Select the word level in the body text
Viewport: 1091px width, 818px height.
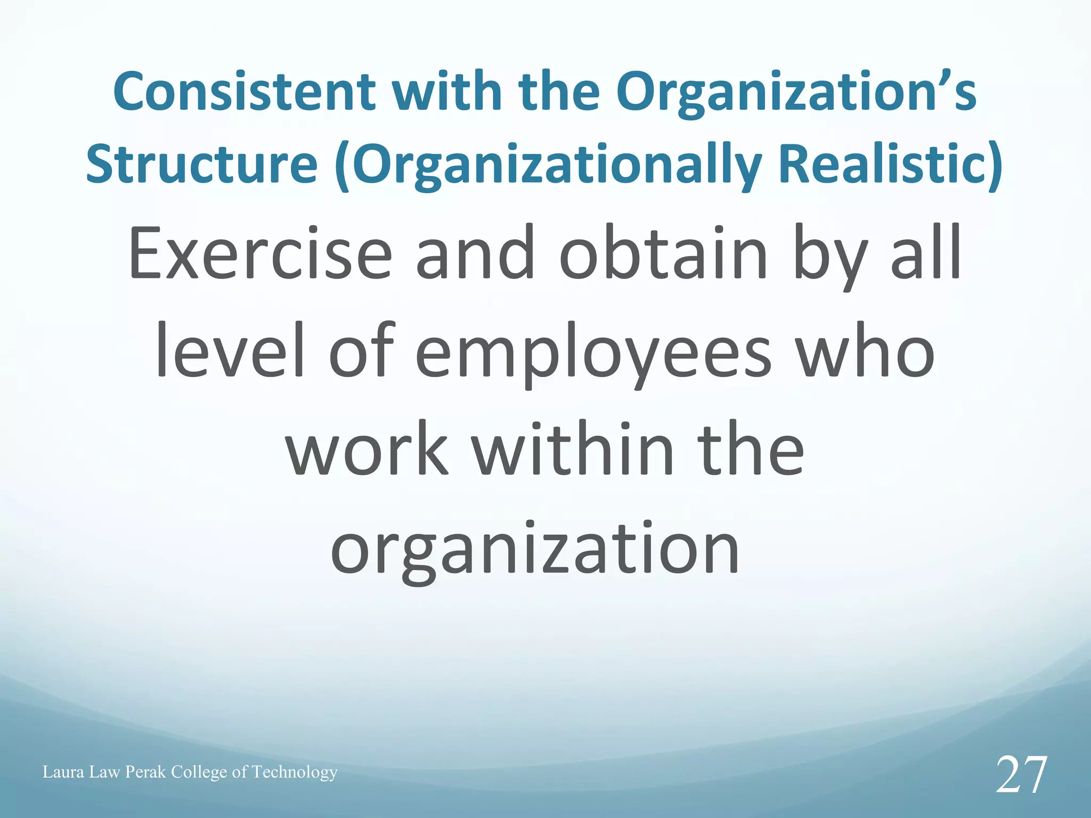point(230,351)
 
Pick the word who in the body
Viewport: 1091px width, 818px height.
point(867,351)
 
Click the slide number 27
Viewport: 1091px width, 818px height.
point(1021,776)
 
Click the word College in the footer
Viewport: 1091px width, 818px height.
point(199,772)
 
